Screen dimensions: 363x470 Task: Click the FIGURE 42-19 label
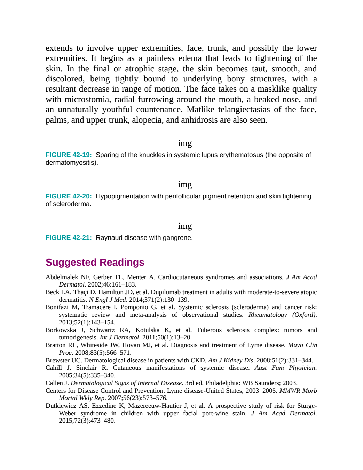69,155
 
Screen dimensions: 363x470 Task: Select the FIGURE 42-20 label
69,196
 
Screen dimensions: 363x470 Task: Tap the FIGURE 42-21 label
69,238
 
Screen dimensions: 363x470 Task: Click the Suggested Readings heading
95,263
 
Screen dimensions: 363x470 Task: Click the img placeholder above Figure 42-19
185,143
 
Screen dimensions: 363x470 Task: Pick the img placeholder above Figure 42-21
185,226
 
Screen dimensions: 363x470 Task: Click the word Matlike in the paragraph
200,109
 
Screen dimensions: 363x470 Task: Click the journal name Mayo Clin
302,345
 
